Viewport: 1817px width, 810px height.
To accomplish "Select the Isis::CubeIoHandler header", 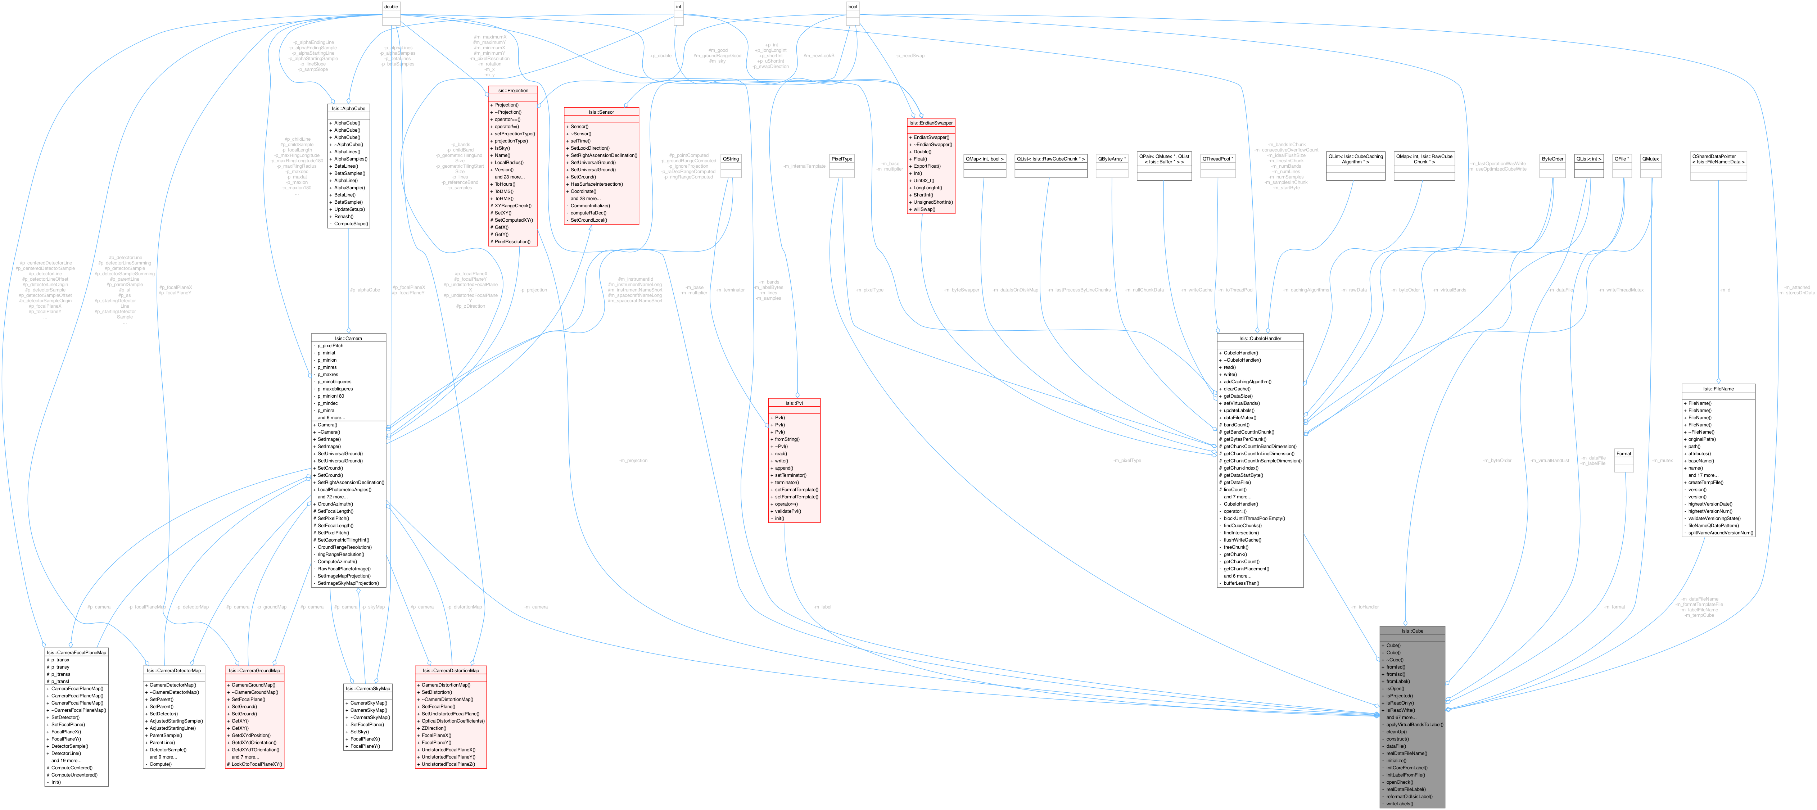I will click(x=1260, y=338).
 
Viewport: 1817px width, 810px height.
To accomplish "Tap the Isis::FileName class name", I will click(x=1718, y=389).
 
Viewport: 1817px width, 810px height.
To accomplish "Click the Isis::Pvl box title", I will click(x=794, y=403).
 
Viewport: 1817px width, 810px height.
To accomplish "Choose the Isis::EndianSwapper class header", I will click(x=930, y=123).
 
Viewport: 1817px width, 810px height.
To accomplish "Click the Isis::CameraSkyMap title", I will click(x=367, y=688).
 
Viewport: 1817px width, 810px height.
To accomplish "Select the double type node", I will click(x=391, y=6).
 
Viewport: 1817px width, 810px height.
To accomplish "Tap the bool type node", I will click(x=853, y=6).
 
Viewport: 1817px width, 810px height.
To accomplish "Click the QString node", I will click(x=731, y=159).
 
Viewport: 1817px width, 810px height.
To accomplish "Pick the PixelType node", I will click(x=841, y=159).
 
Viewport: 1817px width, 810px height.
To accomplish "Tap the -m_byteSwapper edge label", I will click(x=962, y=290).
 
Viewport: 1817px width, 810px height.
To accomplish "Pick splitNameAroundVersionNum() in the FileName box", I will click(x=1720, y=533).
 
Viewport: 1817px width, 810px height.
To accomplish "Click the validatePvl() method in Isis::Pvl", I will click(x=787, y=511).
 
